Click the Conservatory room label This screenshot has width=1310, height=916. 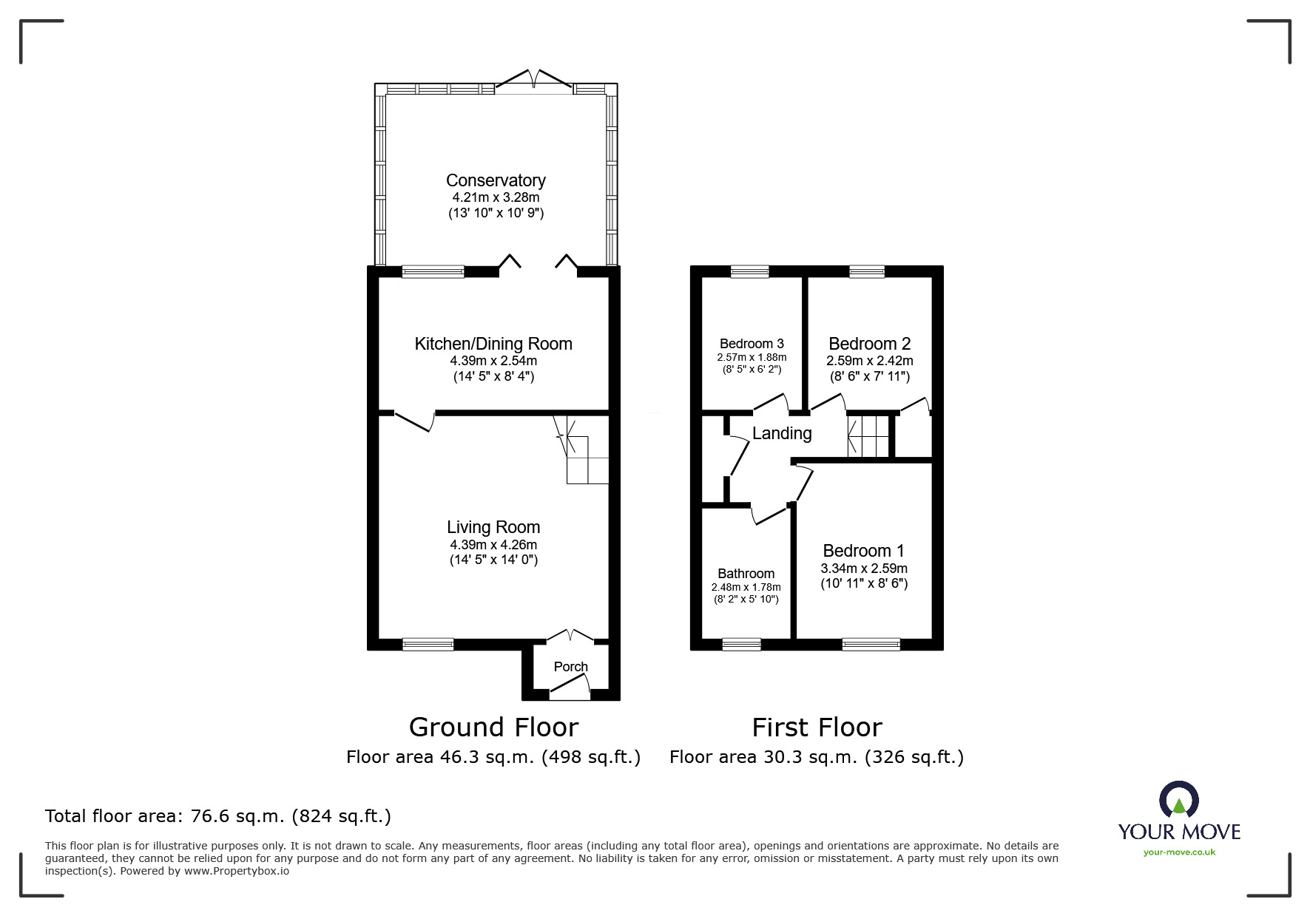[495, 180]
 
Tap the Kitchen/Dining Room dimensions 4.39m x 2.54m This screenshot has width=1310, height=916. [493, 362]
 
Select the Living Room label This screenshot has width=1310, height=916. [493, 527]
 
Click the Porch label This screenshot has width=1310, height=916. [570, 667]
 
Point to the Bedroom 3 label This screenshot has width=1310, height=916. [752, 344]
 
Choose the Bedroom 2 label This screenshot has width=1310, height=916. [869, 344]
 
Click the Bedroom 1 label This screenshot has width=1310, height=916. [863, 551]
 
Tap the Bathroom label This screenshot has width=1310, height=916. [746, 574]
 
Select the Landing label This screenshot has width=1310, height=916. [782, 433]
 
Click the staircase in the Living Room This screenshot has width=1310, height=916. [584, 451]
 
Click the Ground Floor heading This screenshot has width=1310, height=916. [493, 727]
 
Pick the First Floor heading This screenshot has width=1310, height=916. [817, 727]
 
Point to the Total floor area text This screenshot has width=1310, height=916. [218, 816]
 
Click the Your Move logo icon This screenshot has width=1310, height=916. [1178, 800]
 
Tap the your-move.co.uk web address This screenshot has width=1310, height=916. [1179, 852]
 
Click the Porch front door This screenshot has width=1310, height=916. [570, 691]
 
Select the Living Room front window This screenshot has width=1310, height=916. [428, 644]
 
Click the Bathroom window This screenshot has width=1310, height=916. [741, 644]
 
